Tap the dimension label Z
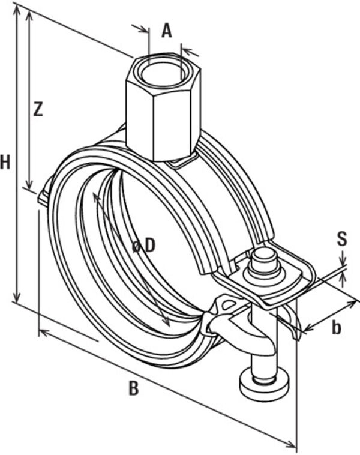tap(38, 109)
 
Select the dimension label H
tap(5, 162)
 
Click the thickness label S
tap(342, 240)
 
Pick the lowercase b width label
tap(337, 327)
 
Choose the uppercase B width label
tap(133, 389)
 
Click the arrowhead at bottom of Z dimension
tap(29, 185)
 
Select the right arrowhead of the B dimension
tap(292, 445)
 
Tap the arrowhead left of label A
tap(145, 30)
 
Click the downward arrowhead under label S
tap(343, 264)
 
